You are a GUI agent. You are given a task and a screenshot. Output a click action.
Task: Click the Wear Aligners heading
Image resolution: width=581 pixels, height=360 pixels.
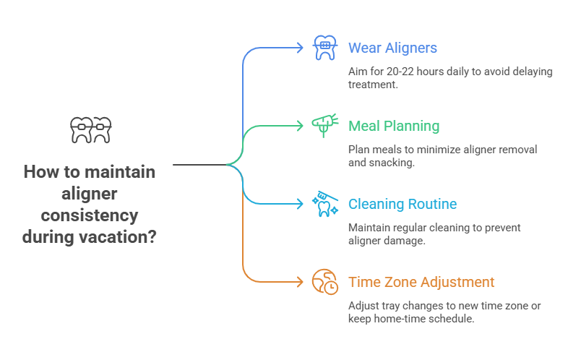pos(392,48)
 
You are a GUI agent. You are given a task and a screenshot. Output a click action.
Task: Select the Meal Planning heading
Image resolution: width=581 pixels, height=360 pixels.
pos(393,126)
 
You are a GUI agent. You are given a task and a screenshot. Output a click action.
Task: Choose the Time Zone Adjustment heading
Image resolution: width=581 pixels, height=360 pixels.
pos(421,282)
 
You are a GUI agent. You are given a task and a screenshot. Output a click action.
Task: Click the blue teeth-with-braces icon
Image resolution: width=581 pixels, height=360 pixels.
pos(324,48)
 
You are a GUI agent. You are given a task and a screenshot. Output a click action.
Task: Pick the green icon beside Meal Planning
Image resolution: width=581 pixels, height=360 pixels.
pos(324,126)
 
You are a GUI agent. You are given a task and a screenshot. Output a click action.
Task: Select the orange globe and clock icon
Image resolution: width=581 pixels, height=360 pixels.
pos(324,282)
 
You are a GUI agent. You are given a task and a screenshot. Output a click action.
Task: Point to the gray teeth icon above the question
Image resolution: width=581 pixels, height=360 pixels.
pos(92,129)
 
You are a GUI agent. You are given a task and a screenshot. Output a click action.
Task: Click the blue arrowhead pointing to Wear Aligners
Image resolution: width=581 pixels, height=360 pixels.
pos(301,48)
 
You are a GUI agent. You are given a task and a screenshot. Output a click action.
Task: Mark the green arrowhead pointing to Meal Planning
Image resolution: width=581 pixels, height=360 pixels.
pos(301,126)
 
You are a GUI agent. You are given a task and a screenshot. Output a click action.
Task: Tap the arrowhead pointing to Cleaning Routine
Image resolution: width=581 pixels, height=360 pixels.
pos(301,204)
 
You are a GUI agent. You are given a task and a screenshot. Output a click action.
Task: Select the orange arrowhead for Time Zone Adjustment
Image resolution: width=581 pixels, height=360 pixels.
pos(301,282)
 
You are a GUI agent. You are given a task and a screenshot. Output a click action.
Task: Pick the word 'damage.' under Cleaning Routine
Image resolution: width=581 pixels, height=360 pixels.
pos(408,241)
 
